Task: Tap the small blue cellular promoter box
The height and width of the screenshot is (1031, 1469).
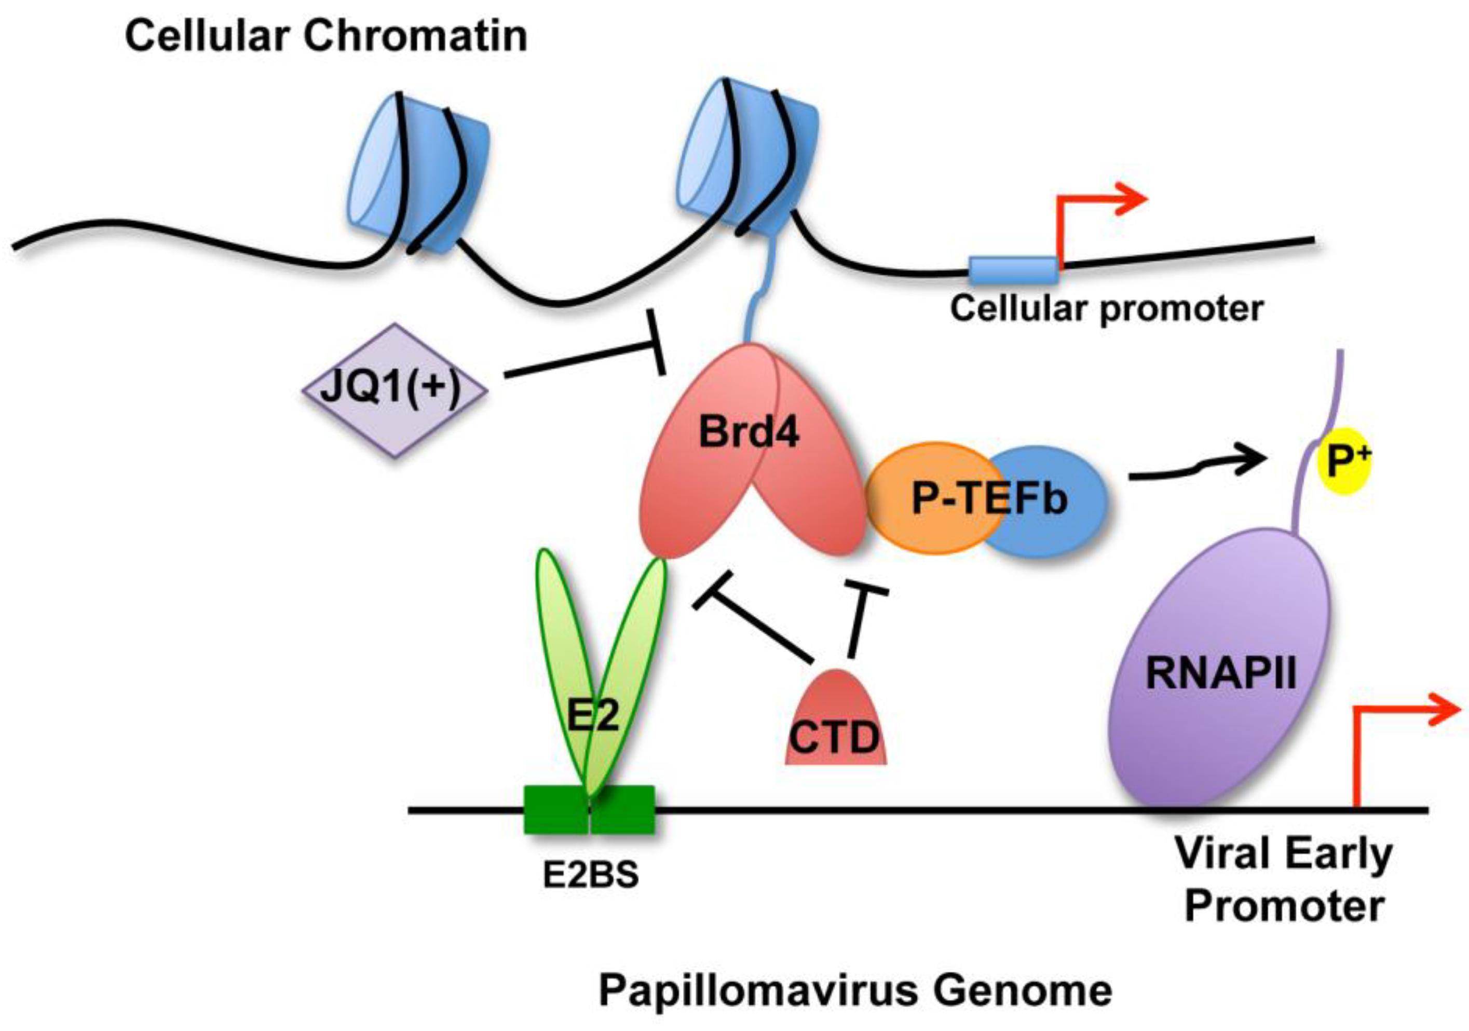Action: point(1012,269)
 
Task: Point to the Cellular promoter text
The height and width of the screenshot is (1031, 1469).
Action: point(1106,309)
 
